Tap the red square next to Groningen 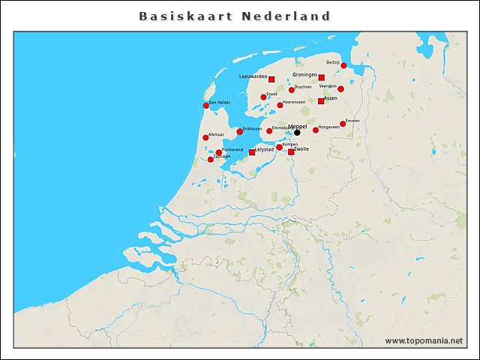pyautogui.click(x=321, y=77)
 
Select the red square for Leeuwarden pyautogui.click(x=271, y=79)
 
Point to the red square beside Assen pyautogui.click(x=321, y=101)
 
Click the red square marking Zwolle pyautogui.click(x=291, y=152)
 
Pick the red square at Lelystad pyautogui.click(x=252, y=152)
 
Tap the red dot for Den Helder pyautogui.click(x=206, y=106)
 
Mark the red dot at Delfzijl pyautogui.click(x=343, y=66)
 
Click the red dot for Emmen pyautogui.click(x=343, y=124)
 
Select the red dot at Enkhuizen pyautogui.click(x=239, y=132)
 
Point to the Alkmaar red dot pyautogui.click(x=205, y=138)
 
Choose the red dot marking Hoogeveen pyautogui.click(x=316, y=130)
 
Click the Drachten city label pyautogui.click(x=303, y=87)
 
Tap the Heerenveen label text pyautogui.click(x=293, y=102)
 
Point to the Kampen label pyautogui.click(x=290, y=144)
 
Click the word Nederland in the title pyautogui.click(x=286, y=16)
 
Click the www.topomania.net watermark pyautogui.click(x=424, y=340)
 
